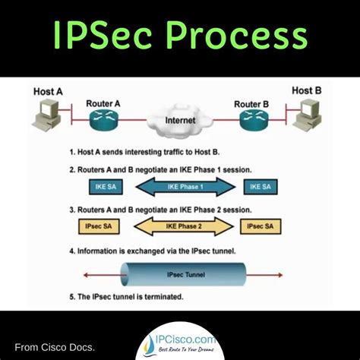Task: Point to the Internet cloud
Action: coord(180,119)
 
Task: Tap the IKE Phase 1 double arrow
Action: coord(179,185)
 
